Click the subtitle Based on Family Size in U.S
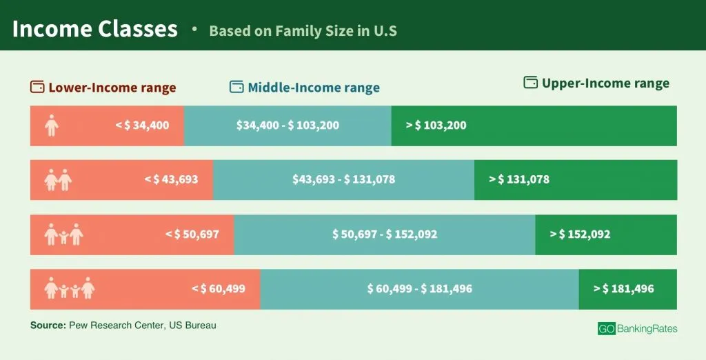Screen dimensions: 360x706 pos(303,31)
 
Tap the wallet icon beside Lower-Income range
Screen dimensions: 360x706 pos(37,88)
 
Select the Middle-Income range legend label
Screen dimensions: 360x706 pos(313,88)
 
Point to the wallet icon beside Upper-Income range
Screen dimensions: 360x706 pos(530,83)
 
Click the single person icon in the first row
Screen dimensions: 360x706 pos(51,126)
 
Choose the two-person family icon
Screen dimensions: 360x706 pos(58,180)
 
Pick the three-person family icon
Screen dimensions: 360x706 pos(63,234)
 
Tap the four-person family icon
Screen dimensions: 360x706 pos(69,288)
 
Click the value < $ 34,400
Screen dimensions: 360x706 pos(142,126)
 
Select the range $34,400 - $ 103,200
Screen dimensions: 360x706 pos(288,126)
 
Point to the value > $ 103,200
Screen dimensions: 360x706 pos(436,126)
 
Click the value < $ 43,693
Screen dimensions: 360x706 pos(171,179)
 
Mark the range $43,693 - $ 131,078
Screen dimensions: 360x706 pos(343,179)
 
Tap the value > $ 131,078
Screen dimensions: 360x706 pos(519,179)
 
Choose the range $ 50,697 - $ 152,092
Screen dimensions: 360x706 pos(385,234)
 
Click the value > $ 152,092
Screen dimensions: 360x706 pos(580,234)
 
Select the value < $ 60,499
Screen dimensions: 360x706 pos(218,289)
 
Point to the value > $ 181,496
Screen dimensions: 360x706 pos(623,289)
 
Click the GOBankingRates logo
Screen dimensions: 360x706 pos(637,329)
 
